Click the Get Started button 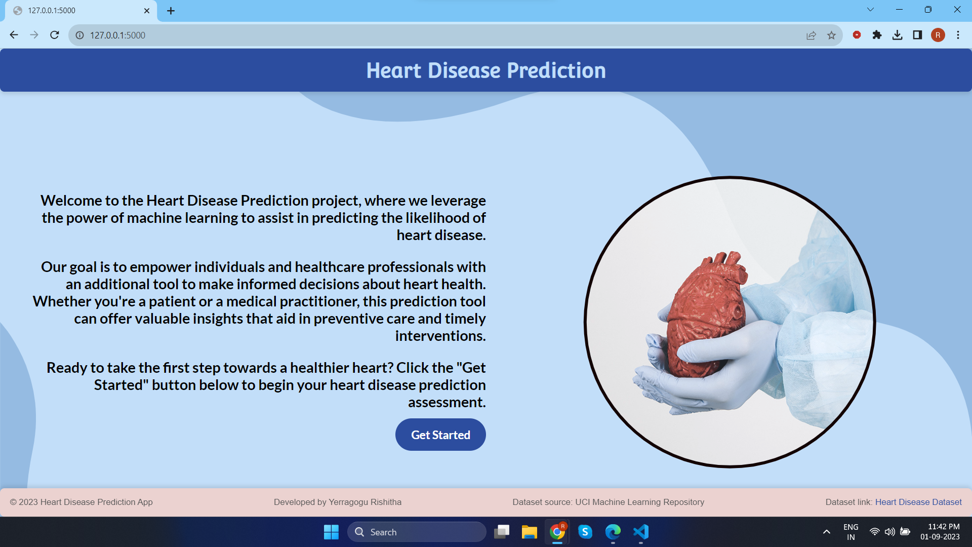[440, 435]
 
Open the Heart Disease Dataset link [918, 502]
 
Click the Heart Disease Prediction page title [486, 70]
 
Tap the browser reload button [55, 35]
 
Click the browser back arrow [14, 35]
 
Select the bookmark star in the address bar [831, 35]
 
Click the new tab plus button [171, 11]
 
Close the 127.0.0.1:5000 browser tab [147, 11]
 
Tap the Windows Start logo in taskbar [331, 532]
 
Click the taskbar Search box [417, 532]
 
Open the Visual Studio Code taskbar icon [641, 532]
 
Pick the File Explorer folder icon [529, 532]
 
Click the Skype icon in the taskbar [585, 532]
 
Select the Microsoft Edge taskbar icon [613, 532]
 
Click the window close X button [957, 10]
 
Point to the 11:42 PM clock [944, 527]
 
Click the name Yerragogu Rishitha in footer [365, 502]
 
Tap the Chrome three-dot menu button [958, 35]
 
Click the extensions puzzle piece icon [877, 35]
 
